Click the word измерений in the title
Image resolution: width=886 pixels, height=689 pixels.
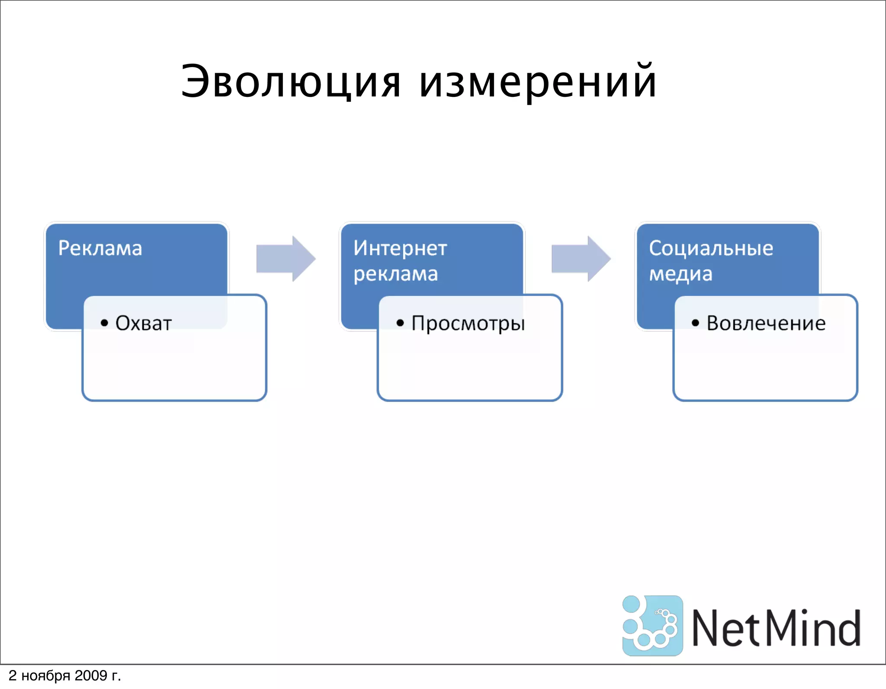tap(538, 82)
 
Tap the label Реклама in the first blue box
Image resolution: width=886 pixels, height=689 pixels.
tap(100, 248)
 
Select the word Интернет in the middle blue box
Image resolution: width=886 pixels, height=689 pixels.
tap(400, 248)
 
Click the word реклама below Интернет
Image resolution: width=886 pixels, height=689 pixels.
tap(395, 274)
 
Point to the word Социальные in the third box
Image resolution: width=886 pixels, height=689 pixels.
tap(711, 248)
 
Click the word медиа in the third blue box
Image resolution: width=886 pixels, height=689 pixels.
tap(681, 274)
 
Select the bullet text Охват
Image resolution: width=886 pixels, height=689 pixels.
tap(144, 324)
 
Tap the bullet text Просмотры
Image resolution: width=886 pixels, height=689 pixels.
tap(468, 324)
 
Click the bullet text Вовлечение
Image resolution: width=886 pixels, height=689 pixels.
tap(766, 324)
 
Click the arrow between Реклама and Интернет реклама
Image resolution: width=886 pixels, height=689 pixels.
tap(286, 259)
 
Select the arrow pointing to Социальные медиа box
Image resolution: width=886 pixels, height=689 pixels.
tap(581, 259)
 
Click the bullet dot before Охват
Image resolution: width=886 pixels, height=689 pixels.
tap(104, 323)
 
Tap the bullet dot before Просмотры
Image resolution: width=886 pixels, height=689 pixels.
tap(400, 323)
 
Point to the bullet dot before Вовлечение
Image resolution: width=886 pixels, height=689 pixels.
tap(695, 323)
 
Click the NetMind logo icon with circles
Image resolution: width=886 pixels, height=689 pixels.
tap(652, 625)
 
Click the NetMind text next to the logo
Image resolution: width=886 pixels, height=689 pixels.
tap(776, 628)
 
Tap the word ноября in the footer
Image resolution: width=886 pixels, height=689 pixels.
tap(45, 676)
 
